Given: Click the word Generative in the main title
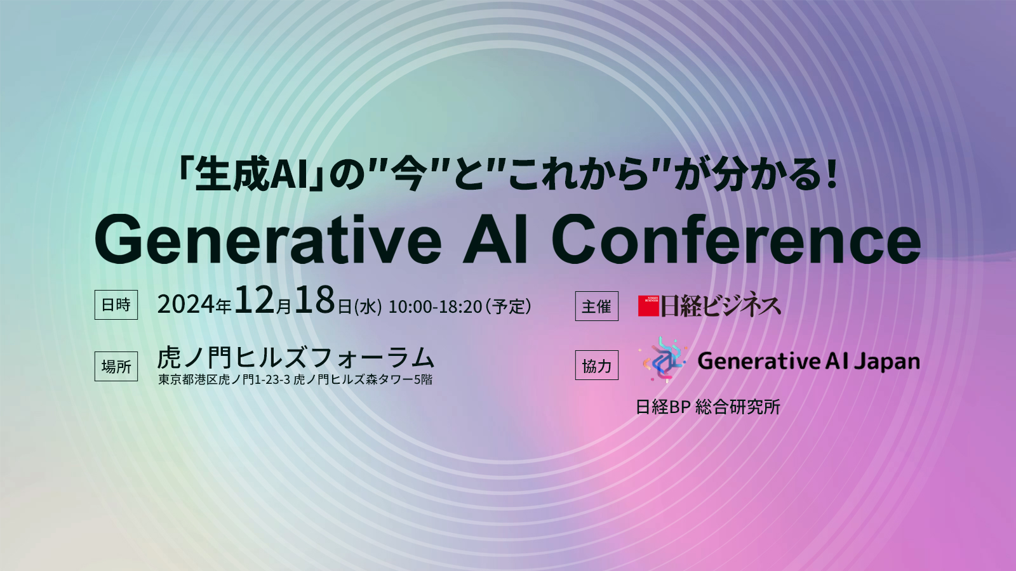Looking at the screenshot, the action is (x=267, y=239).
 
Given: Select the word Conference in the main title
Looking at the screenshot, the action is (x=736, y=239).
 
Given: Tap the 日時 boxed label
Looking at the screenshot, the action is (x=116, y=305).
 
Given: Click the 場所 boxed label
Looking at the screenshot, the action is (x=116, y=366).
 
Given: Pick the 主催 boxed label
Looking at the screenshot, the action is (x=596, y=306).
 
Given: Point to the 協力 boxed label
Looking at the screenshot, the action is (x=596, y=365).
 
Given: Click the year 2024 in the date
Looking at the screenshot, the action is (x=185, y=305).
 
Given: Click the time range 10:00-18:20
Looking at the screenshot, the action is (x=435, y=307).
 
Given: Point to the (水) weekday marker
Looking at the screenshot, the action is (x=368, y=307).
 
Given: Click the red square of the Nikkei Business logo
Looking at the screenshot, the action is (x=648, y=306).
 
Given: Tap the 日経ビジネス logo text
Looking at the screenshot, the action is (x=720, y=305).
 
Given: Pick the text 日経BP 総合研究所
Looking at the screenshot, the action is (x=708, y=407).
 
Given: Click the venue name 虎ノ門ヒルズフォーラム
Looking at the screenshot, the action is (x=296, y=358).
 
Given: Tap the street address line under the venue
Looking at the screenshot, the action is (x=295, y=379).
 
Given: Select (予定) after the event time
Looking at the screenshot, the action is (x=508, y=307).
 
